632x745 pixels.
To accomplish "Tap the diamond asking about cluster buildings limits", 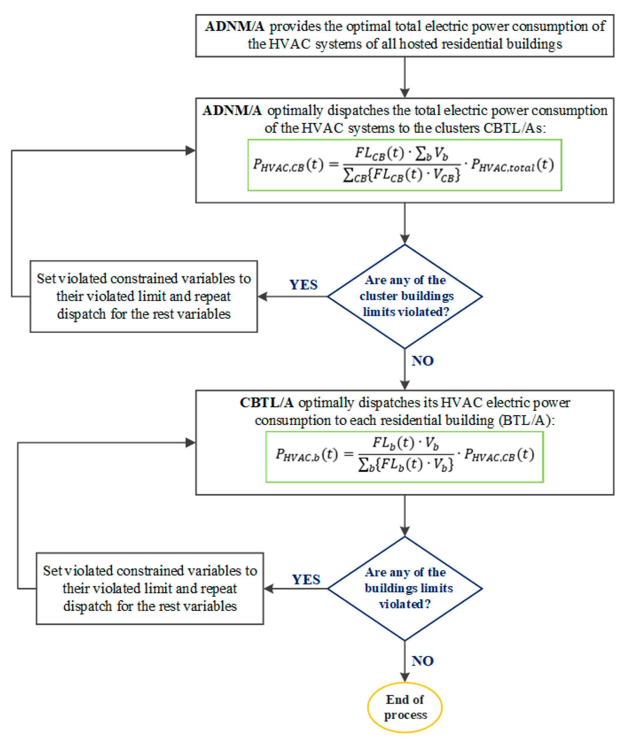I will click(x=405, y=296).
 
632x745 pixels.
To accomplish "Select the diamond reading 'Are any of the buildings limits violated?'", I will click(x=405, y=588).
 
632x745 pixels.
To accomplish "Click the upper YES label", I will click(x=303, y=285).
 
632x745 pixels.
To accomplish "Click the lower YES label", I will click(x=306, y=579).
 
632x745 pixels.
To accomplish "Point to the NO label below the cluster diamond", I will click(x=422, y=361).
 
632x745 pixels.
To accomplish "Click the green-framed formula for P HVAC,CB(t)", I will click(x=404, y=165).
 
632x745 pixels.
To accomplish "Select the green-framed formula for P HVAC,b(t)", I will click(x=404, y=457).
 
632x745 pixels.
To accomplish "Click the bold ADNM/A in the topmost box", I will click(x=234, y=26).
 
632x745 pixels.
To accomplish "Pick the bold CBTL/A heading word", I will click(x=267, y=403).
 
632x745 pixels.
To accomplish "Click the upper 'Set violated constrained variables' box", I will click(x=144, y=296).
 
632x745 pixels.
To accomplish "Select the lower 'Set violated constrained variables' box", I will click(x=150, y=588).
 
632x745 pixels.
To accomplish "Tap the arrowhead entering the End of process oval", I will click(x=405, y=677).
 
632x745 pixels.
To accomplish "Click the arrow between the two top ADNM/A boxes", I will click(x=405, y=77).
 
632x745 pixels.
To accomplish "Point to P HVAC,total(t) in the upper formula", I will click(x=512, y=165).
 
